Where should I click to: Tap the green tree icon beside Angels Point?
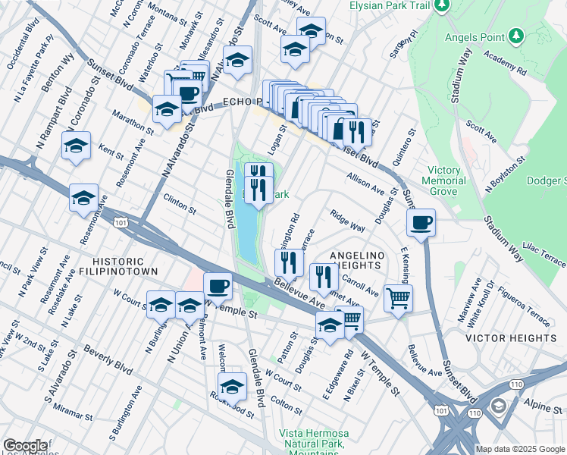[515, 35]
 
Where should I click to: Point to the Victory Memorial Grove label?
[446, 181]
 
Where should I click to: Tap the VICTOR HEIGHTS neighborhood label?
[511, 337]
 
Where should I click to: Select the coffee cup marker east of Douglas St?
[421, 222]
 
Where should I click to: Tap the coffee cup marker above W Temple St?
[218, 286]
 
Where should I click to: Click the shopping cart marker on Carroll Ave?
[398, 297]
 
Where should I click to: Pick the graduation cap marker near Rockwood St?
[233, 385]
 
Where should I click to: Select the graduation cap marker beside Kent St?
[76, 146]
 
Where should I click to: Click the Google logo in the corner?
[25, 446]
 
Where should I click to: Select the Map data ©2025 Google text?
[520, 449]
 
